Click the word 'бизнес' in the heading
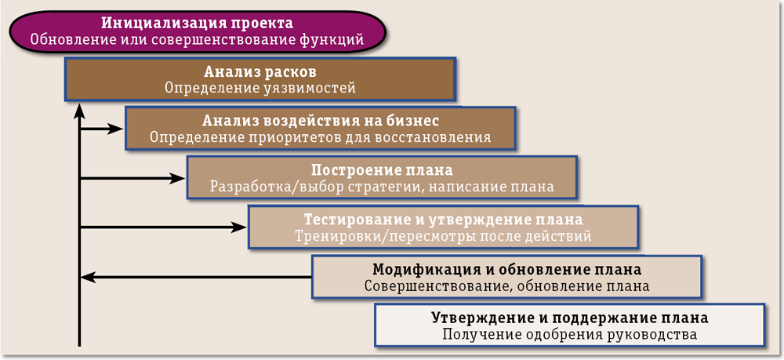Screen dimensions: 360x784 click(412, 121)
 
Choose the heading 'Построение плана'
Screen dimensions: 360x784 click(382, 170)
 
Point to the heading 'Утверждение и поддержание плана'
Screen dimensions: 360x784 click(570, 318)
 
